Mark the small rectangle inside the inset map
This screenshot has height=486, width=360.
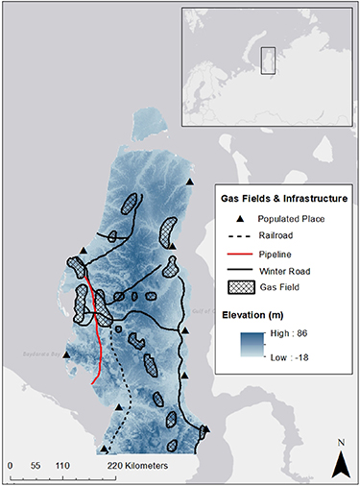point(270,60)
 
